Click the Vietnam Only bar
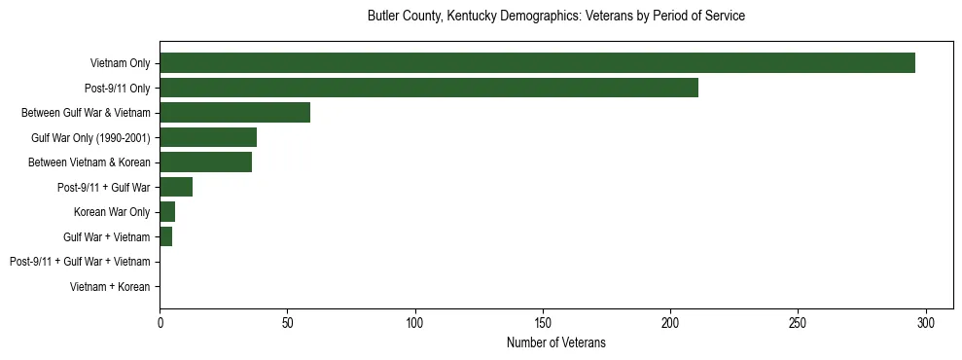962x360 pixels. pyautogui.click(x=537, y=63)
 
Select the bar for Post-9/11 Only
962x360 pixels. pyautogui.click(x=429, y=88)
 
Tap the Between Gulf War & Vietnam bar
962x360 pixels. pyautogui.click(x=234, y=113)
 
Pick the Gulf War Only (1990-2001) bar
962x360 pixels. pyautogui.click(x=208, y=137)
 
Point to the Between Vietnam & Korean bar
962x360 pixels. pyautogui.click(x=205, y=162)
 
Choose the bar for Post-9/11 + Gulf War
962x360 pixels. pyautogui.click(x=176, y=187)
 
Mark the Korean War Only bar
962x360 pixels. pyautogui.click(x=167, y=212)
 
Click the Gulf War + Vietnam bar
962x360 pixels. pyautogui.click(x=166, y=236)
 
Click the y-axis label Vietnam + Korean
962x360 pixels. pyautogui.click(x=110, y=287)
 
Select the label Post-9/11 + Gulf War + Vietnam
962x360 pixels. pyautogui.click(x=80, y=262)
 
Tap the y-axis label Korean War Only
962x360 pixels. pyautogui.click(x=112, y=212)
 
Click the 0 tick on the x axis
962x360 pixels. pyautogui.click(x=160, y=322)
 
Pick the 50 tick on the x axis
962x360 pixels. pyautogui.click(x=287, y=322)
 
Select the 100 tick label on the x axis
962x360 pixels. pyautogui.click(x=415, y=322)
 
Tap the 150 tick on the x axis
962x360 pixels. pyautogui.click(x=543, y=322)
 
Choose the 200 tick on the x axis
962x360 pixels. pyautogui.click(x=670, y=322)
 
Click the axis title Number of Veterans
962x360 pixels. pyautogui.click(x=556, y=342)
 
